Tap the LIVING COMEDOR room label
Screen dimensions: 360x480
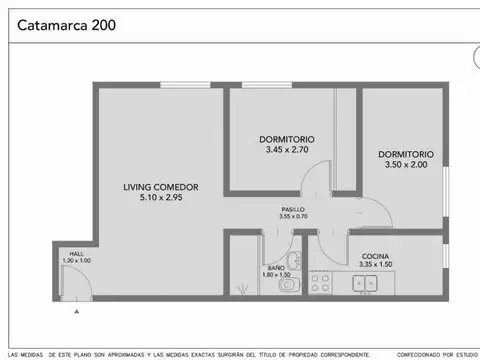click(x=160, y=187)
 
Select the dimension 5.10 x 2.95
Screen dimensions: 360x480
click(x=160, y=198)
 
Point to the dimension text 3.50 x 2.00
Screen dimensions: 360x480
click(x=406, y=165)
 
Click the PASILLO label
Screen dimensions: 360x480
click(x=293, y=208)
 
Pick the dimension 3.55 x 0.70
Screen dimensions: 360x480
click(x=293, y=216)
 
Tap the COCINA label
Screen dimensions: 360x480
click(x=376, y=257)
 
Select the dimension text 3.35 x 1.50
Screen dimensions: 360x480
click(x=376, y=266)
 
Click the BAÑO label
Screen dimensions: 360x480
click(x=270, y=267)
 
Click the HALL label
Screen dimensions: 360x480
click(x=76, y=254)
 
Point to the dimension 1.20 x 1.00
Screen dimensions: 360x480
click(x=76, y=261)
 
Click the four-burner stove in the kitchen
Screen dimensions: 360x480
click(x=320, y=284)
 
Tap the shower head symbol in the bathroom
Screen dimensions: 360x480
click(x=241, y=287)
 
